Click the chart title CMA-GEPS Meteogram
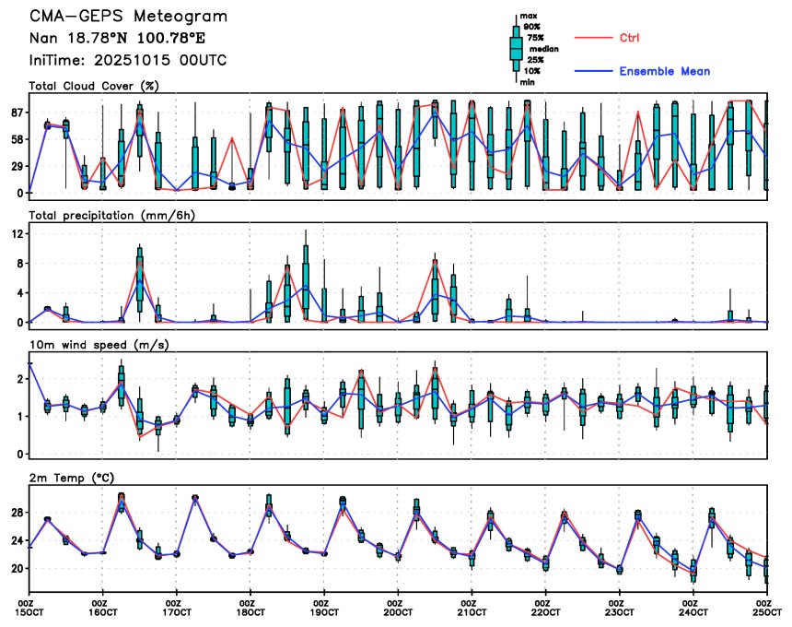click(128, 18)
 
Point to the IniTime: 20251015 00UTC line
click(128, 60)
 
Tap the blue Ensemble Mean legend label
click(664, 71)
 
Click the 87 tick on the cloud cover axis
click(16, 112)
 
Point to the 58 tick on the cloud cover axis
click(16, 139)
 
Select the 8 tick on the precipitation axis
click(19, 264)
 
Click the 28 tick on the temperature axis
click(16, 513)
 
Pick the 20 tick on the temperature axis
click(16, 569)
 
